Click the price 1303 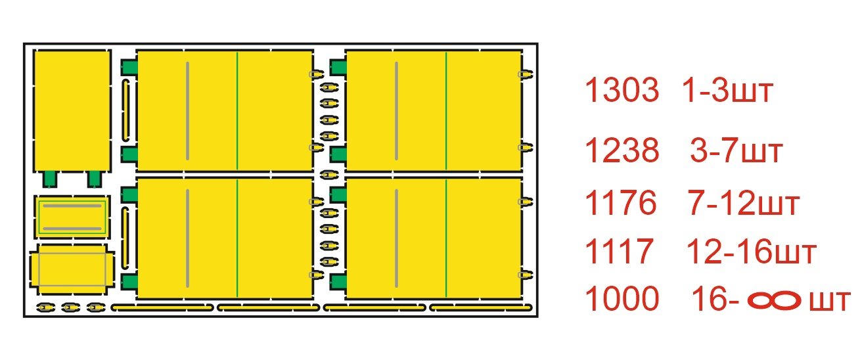(x=622, y=90)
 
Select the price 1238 (x=622, y=150)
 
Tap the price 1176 (x=620, y=202)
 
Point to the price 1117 (x=618, y=251)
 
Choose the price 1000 (x=622, y=299)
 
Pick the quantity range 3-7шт (x=736, y=151)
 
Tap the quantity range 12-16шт (x=751, y=252)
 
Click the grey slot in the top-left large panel (x=187, y=110)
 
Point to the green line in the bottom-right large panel (x=446, y=238)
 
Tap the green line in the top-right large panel (x=446, y=110)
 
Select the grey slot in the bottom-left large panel (x=187, y=238)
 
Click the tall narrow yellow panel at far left (x=72, y=111)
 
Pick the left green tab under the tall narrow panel (x=49, y=179)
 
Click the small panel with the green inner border (x=72, y=217)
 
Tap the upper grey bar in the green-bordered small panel (x=72, y=206)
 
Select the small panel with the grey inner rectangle (x=72, y=269)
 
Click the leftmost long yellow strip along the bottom (x=162, y=307)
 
